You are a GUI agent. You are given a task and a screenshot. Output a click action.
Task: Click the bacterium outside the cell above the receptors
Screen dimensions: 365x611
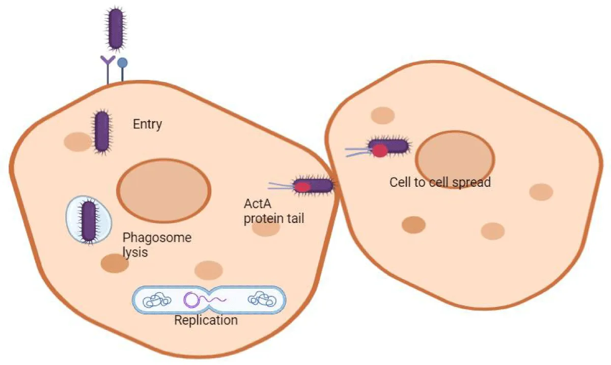(x=116, y=29)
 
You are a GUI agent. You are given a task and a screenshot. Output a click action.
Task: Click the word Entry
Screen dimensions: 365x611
(x=147, y=124)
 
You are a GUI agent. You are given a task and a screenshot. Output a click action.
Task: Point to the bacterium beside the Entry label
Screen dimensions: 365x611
(x=101, y=131)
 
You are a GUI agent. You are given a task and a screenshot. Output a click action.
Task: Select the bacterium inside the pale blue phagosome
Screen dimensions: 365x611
(x=89, y=220)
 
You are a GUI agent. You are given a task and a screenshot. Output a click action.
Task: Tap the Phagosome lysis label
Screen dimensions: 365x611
(x=157, y=244)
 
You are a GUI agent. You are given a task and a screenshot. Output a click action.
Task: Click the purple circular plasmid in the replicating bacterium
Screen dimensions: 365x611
(x=192, y=300)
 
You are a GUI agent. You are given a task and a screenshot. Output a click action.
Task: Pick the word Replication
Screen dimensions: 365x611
(x=206, y=320)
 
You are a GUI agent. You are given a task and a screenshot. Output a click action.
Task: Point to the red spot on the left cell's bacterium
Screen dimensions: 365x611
(x=303, y=187)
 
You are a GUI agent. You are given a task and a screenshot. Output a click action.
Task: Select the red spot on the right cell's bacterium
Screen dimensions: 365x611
(x=379, y=150)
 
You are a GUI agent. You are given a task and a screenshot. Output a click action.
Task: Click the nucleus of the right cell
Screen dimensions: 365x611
(x=455, y=159)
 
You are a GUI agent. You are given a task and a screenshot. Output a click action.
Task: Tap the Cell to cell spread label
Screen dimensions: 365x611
(x=440, y=182)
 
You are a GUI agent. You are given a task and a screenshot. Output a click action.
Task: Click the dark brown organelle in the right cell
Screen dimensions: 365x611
(x=413, y=224)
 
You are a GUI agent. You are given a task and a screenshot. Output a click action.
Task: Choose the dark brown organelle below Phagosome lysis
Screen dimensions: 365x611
(x=115, y=263)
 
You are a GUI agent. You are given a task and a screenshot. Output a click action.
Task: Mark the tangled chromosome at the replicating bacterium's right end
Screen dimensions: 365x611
(x=262, y=299)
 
